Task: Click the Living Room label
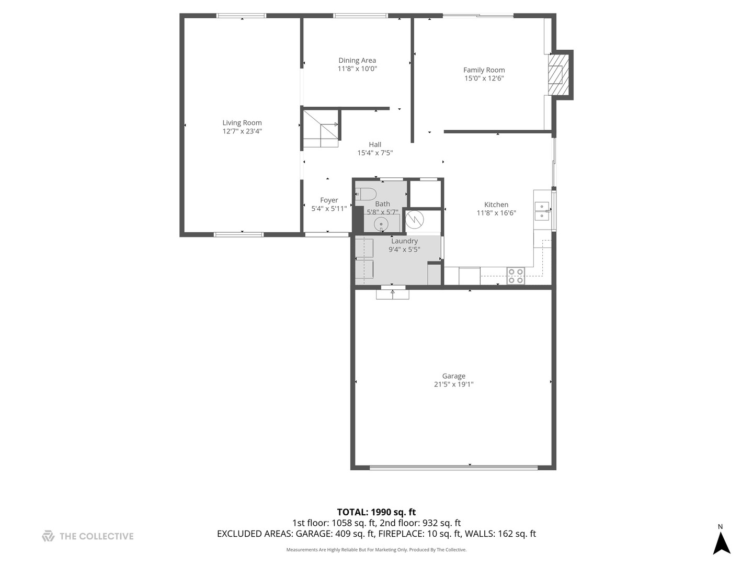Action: pos(242,123)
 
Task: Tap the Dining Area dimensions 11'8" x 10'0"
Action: pos(357,69)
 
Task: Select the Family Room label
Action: pos(484,70)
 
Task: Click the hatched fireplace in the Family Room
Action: pos(558,75)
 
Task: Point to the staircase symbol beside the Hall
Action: pos(322,129)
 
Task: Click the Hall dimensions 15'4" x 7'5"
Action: pos(375,153)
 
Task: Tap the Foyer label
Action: pos(329,200)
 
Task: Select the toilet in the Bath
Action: pos(366,195)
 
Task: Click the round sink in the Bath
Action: pos(381,224)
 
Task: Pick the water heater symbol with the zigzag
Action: pos(414,220)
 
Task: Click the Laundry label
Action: pos(404,241)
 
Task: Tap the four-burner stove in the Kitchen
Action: pos(516,276)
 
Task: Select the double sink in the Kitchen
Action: pos(542,211)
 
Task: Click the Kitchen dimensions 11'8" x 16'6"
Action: pos(496,213)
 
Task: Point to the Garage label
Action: pos(453,376)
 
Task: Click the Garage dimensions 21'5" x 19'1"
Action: pos(453,384)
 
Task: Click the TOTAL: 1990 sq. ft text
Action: pos(376,512)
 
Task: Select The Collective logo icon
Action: pos(48,536)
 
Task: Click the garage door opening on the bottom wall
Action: pos(453,467)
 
